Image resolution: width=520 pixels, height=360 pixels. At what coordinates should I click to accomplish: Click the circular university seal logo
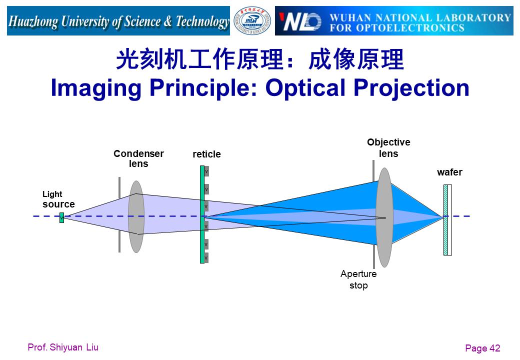click(x=252, y=21)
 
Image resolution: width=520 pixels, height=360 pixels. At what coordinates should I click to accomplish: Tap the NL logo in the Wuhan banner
click(x=300, y=22)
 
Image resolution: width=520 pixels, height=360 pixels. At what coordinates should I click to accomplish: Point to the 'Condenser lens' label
click(x=138, y=158)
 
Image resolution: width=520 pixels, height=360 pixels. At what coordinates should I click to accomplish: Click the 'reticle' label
click(x=206, y=154)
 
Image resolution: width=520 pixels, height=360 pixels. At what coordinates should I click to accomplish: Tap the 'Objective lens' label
click(x=388, y=148)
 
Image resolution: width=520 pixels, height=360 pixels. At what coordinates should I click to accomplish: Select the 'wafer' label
click(x=449, y=172)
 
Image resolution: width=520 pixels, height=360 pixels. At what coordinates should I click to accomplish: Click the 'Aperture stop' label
click(x=358, y=279)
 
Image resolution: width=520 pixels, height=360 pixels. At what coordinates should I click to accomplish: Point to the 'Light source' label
click(x=58, y=199)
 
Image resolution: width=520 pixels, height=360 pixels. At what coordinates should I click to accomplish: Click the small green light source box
click(x=61, y=218)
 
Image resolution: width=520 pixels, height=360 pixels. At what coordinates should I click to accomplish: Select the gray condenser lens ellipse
click(x=136, y=217)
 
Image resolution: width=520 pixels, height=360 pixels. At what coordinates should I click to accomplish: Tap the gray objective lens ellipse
click(x=384, y=217)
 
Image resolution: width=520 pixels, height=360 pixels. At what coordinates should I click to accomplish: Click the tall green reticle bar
click(x=202, y=214)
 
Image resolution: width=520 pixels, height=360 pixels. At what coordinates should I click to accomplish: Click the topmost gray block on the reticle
click(x=206, y=171)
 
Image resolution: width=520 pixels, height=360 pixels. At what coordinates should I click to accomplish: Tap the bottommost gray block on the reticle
click(x=206, y=257)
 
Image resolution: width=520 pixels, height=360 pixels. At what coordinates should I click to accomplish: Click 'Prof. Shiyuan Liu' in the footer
click(x=63, y=347)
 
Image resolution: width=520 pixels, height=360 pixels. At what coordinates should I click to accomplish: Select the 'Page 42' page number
click(x=482, y=348)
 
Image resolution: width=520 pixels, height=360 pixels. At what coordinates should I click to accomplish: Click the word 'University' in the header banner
click(x=85, y=22)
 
